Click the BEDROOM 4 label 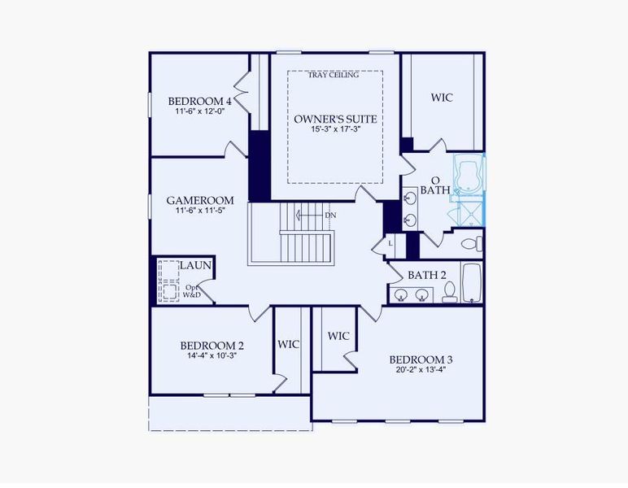pos(200,102)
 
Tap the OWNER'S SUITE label pos(336,119)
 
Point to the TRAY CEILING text pos(334,76)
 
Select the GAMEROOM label pos(200,200)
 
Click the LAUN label pos(196,265)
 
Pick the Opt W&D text pos(192,291)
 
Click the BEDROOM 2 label pos(212,345)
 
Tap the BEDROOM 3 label pos(421,359)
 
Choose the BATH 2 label pos(427,275)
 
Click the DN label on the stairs pos(330,215)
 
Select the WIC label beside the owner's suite pos(442,98)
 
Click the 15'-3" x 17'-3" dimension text pos(336,129)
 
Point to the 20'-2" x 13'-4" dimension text pos(421,370)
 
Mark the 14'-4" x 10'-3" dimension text pos(212,355)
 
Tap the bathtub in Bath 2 pos(472,282)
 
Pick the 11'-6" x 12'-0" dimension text pos(199,111)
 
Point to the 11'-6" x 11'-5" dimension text pos(200,211)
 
